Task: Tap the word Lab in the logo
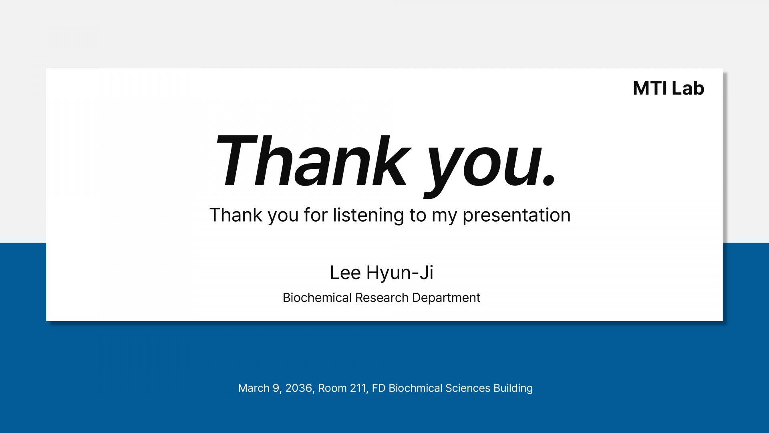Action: [x=688, y=88]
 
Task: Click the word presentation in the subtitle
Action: [x=517, y=215]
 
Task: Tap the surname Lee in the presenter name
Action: [x=345, y=273]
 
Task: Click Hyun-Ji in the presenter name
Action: [x=400, y=273]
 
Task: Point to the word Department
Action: [x=446, y=298]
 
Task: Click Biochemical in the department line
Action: [x=317, y=297]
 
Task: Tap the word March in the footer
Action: [x=253, y=388]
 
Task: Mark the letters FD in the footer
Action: [x=378, y=388]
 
